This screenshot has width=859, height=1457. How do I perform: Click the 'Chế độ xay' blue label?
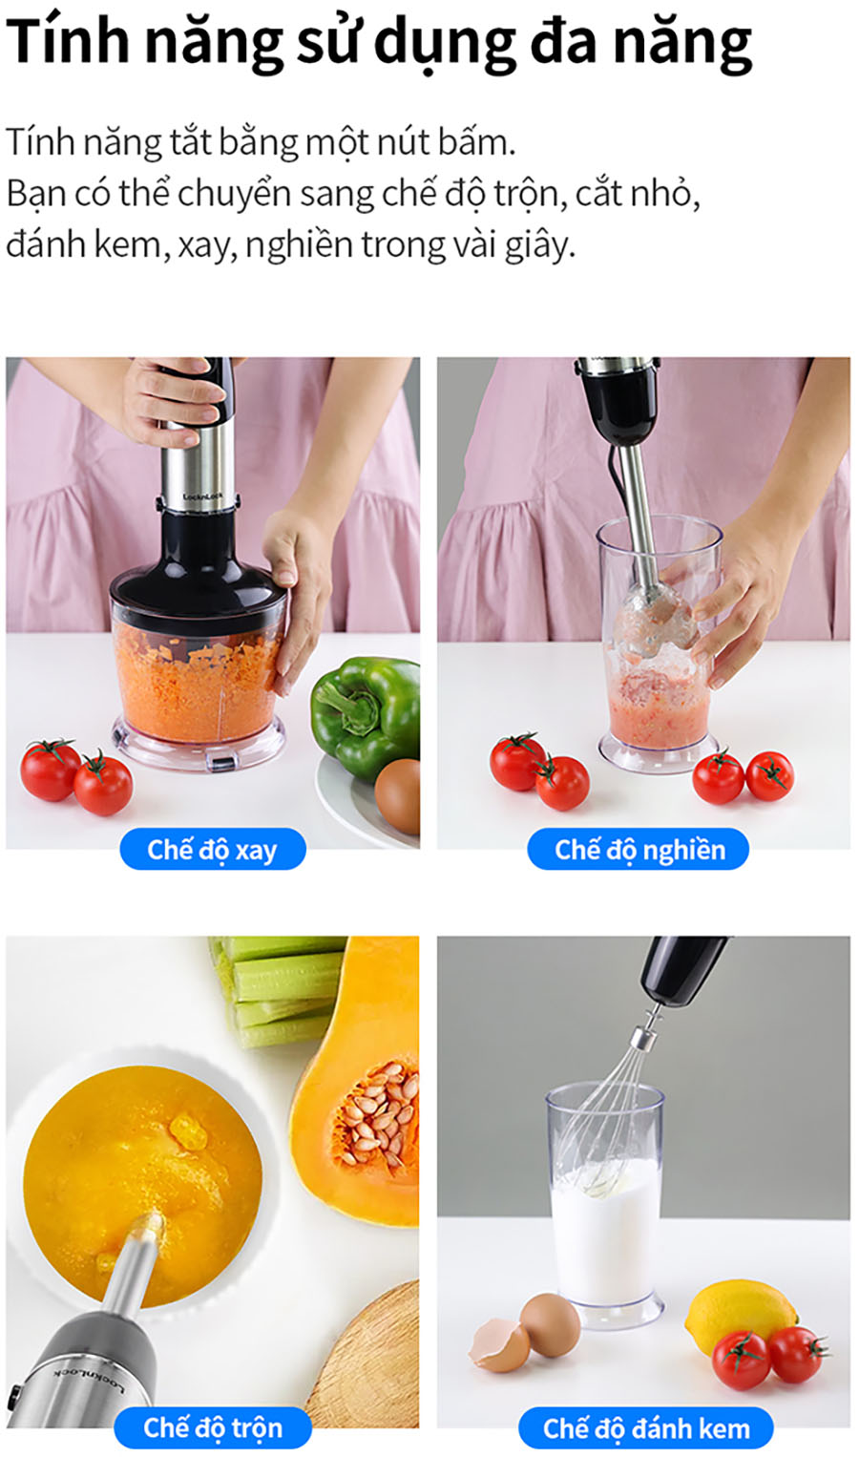point(213,849)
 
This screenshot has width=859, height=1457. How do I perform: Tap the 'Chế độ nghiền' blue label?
point(638,849)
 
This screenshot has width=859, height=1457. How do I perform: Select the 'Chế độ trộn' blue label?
point(213,1427)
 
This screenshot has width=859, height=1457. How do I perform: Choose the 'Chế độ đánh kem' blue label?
point(646,1427)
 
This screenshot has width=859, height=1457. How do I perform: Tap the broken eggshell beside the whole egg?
point(499,1344)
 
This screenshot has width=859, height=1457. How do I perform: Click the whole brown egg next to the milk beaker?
point(550,1324)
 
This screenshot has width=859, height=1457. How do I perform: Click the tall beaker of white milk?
point(606,1203)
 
